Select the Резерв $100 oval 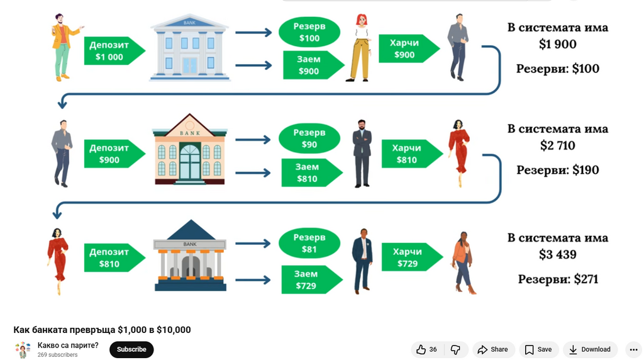[309, 32]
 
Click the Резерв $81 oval [309, 243]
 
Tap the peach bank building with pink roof [189, 149]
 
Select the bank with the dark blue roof [190, 256]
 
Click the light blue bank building [190, 47]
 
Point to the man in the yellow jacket [64, 47]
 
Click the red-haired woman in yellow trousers [359, 48]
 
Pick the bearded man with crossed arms [362, 154]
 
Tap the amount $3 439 [558, 254]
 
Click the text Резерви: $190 [558, 170]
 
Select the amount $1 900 [558, 44]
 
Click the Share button [493, 349]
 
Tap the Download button [590, 349]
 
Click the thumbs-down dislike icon [455, 349]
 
